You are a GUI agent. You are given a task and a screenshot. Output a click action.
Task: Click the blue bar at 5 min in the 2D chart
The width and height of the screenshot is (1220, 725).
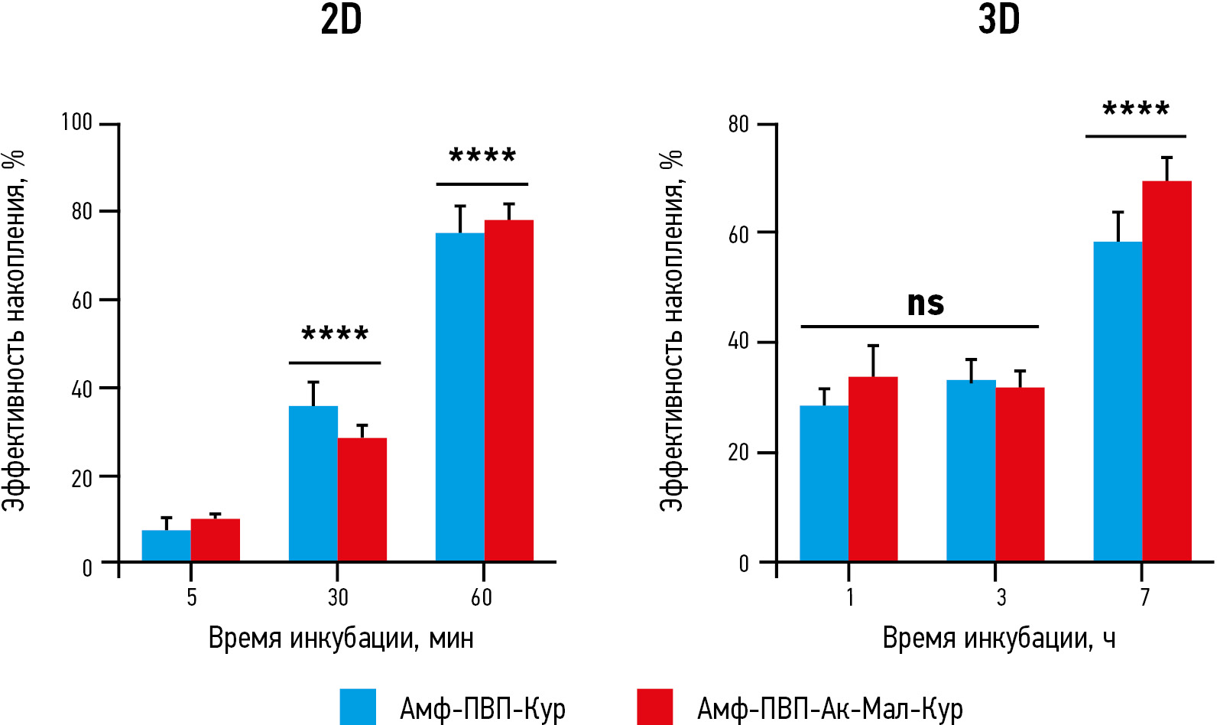[167, 546]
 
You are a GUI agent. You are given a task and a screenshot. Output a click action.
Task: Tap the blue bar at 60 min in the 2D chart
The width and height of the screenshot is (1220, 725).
[460, 397]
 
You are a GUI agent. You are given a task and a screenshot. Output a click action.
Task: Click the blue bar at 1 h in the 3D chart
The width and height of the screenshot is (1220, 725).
[824, 483]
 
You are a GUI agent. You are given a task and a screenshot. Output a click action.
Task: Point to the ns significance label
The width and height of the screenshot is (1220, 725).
[925, 304]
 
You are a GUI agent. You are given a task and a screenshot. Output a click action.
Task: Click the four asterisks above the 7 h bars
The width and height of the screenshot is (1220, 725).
[1136, 109]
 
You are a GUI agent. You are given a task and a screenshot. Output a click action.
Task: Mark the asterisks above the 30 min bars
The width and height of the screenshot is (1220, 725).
[335, 334]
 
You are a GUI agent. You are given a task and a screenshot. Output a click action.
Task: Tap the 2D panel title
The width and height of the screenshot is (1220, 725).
[341, 20]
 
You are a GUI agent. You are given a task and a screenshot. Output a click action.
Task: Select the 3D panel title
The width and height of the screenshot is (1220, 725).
[999, 20]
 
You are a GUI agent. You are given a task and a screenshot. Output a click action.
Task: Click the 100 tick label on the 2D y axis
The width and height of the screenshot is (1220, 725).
[76, 122]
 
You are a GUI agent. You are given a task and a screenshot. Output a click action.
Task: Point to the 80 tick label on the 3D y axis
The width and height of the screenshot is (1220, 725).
[738, 124]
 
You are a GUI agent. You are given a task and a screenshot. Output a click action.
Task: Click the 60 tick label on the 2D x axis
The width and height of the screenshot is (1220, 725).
[482, 597]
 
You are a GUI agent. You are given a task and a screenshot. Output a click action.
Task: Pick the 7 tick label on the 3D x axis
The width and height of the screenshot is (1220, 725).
[1144, 597]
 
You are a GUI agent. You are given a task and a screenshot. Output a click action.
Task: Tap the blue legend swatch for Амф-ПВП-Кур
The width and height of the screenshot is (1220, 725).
[358, 707]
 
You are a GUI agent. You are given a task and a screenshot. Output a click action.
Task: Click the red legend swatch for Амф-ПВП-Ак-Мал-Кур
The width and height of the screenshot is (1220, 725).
[654, 707]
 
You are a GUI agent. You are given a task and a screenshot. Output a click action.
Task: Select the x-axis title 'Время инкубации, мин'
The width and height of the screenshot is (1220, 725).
[341, 638]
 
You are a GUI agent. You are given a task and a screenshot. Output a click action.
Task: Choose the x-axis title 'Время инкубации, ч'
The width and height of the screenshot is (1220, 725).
[998, 638]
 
